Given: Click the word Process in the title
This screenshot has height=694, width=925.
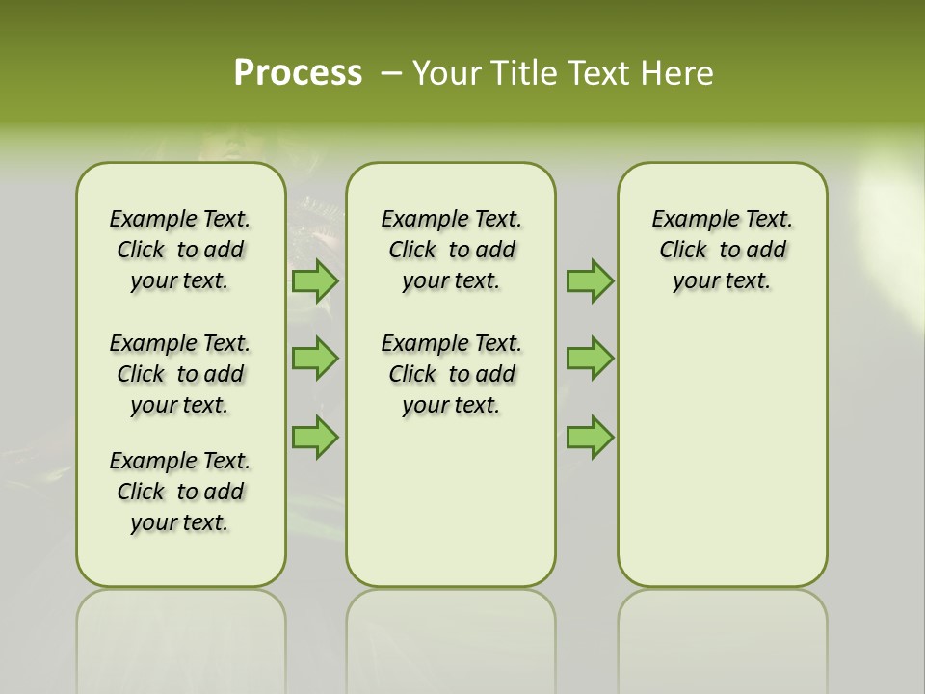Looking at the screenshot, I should (298, 73).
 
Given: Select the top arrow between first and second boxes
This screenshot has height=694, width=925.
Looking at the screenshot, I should (314, 281).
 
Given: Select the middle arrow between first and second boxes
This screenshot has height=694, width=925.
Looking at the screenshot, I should (314, 359).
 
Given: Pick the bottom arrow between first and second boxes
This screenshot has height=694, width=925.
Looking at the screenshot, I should (314, 438).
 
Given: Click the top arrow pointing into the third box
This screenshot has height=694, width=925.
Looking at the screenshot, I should (590, 281).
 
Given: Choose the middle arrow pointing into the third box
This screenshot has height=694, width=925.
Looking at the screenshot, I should (590, 359).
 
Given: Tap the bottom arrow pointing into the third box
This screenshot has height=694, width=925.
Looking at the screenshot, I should (590, 438).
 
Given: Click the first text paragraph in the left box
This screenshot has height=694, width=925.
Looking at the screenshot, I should (180, 250).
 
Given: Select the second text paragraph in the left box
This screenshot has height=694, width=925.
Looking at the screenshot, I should (180, 374).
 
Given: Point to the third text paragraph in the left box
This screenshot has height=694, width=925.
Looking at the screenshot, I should (180, 492).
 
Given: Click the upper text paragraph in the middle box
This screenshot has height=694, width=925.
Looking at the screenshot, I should (452, 250).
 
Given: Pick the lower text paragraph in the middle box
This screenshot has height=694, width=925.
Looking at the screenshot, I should (452, 374).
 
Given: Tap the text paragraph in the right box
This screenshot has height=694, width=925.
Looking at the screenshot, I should (723, 250).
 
